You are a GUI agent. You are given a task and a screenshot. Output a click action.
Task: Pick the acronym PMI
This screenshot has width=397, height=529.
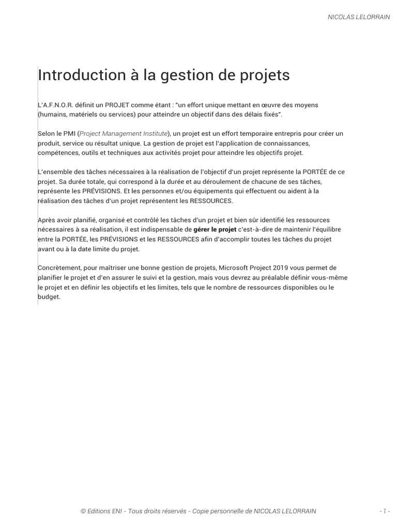[69, 134]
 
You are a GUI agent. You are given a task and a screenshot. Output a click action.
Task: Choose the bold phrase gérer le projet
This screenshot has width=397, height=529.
[215, 229]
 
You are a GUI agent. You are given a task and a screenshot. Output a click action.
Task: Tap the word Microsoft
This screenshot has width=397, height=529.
[236, 268]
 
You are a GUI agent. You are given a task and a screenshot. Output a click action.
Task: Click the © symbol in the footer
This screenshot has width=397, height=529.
[83, 511]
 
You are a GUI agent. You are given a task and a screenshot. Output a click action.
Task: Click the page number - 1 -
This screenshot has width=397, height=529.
[384, 511]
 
